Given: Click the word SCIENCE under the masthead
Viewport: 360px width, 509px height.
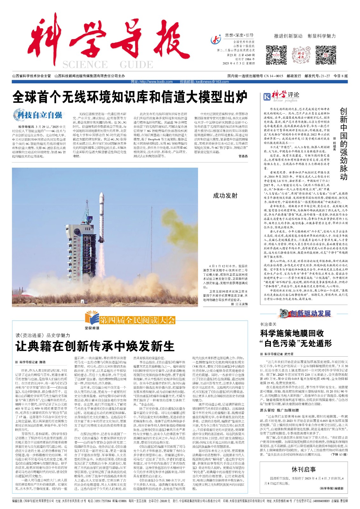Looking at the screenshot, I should (x=85, y=65).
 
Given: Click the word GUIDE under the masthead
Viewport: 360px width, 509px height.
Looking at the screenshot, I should (x=136, y=65).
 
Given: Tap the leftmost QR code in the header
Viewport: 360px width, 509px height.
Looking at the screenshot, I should (x=276, y=55).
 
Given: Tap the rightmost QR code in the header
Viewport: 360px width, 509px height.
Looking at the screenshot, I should (x=326, y=55).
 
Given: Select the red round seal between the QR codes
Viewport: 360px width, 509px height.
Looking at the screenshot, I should (x=301, y=55).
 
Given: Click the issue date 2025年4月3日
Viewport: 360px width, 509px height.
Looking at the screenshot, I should (x=234, y=63).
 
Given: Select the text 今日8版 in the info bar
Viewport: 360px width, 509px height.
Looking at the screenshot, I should (x=340, y=76).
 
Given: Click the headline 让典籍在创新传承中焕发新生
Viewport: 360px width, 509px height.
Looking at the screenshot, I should (x=95, y=346).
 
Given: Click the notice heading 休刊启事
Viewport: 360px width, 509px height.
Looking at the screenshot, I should (x=304, y=470).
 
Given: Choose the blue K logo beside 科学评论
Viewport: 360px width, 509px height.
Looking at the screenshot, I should (x=267, y=96).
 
